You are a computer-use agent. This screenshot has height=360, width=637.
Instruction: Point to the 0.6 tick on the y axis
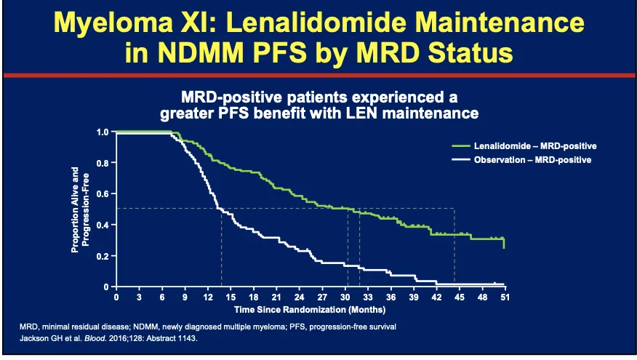[102, 194]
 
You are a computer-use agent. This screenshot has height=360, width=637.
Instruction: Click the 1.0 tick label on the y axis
[102, 132]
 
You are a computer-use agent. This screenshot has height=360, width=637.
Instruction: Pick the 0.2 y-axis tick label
[102, 256]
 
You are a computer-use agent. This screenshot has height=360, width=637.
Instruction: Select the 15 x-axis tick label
[231, 297]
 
